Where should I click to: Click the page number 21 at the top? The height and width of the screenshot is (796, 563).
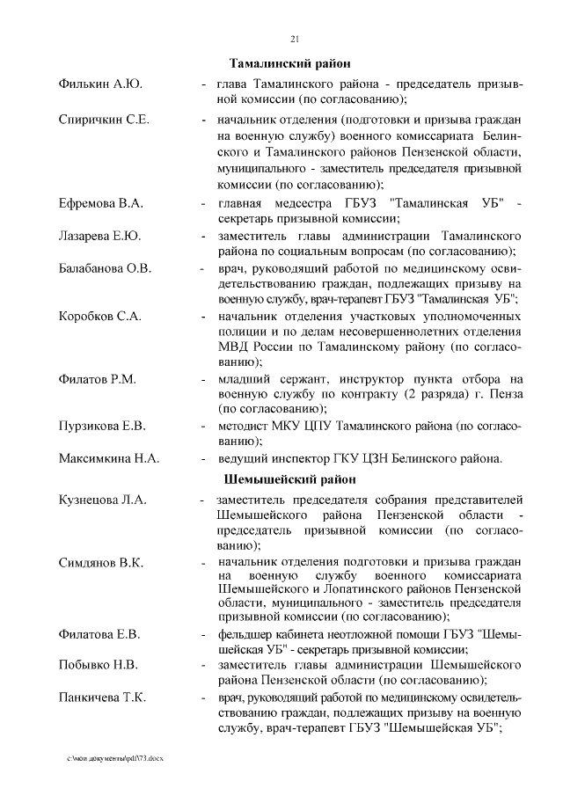(x=294, y=37)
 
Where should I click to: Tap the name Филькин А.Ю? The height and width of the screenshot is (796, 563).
(x=100, y=84)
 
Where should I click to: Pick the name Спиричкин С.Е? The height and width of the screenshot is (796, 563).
(x=103, y=119)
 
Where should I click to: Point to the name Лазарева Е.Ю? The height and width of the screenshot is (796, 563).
(x=100, y=237)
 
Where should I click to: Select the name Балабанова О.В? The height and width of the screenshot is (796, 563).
(x=106, y=267)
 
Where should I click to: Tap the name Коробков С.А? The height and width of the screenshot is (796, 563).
(x=101, y=316)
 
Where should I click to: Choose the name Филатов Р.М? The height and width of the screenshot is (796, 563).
(x=98, y=379)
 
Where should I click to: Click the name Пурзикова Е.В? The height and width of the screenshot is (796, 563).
(x=102, y=427)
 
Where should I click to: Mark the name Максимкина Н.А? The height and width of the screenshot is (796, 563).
(x=109, y=458)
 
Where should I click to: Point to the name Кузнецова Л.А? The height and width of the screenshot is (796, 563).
(x=103, y=500)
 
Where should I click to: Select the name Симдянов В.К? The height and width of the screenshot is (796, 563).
(x=101, y=562)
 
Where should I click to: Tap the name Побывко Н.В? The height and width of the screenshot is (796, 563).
(x=99, y=665)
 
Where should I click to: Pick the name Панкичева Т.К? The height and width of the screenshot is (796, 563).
(x=103, y=697)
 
